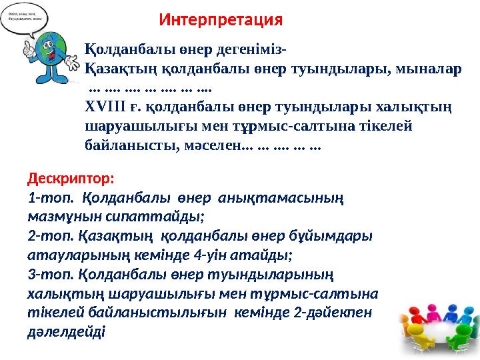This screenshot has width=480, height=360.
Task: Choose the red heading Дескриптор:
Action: [x=71, y=179]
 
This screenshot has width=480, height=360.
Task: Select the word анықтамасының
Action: [x=288, y=197]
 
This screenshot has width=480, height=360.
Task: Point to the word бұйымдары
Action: [x=338, y=235]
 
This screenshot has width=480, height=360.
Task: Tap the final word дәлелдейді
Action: [x=66, y=331]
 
